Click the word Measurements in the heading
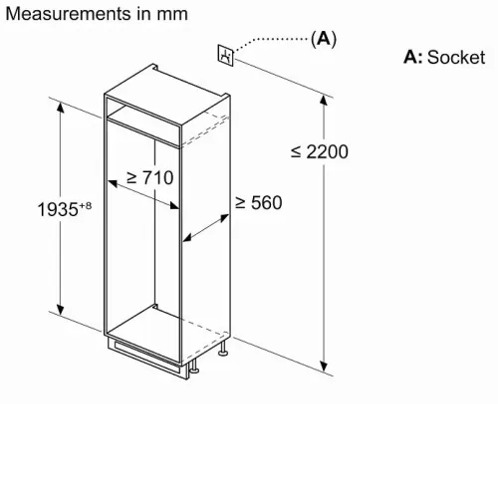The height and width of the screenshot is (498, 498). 69,14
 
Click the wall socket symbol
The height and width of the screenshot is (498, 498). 226,55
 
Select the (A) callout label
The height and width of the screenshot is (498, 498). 324,39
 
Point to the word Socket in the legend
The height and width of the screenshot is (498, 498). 456,57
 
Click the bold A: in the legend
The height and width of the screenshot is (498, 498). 413,57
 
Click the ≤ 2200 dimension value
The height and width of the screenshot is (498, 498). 320,151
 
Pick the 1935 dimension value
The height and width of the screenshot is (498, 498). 58,209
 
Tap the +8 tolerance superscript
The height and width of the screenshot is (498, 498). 85,205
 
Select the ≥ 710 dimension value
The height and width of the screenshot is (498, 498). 150,177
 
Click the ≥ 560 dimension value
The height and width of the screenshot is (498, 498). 259,203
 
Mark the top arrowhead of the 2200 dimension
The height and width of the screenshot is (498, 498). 324,100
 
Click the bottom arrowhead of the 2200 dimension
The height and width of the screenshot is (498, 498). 324,366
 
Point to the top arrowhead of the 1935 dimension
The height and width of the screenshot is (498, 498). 60,108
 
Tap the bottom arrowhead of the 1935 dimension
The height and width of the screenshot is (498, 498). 60,309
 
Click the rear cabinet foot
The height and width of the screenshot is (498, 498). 223,350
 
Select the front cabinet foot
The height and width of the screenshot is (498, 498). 194,367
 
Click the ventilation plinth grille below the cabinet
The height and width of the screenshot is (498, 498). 147,358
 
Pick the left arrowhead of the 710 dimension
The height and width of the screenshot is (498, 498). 114,183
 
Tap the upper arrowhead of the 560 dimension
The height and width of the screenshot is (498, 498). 224,218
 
